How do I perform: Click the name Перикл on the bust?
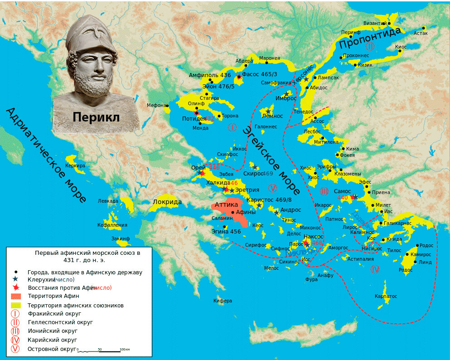point(96,117)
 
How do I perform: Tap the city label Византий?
point(374,23)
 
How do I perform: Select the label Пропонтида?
point(370,38)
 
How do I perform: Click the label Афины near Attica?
point(246,212)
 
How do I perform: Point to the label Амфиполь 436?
point(210,75)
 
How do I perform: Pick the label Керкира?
point(75,165)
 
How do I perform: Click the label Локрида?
point(167,202)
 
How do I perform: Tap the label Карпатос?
point(386,296)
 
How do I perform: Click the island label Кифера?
point(223,301)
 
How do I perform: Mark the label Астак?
point(420,33)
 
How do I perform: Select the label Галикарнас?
point(397,223)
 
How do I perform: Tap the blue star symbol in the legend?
point(16,279)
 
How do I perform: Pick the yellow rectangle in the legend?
point(16,305)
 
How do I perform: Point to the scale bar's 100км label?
point(125,350)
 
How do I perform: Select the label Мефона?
point(156,105)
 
